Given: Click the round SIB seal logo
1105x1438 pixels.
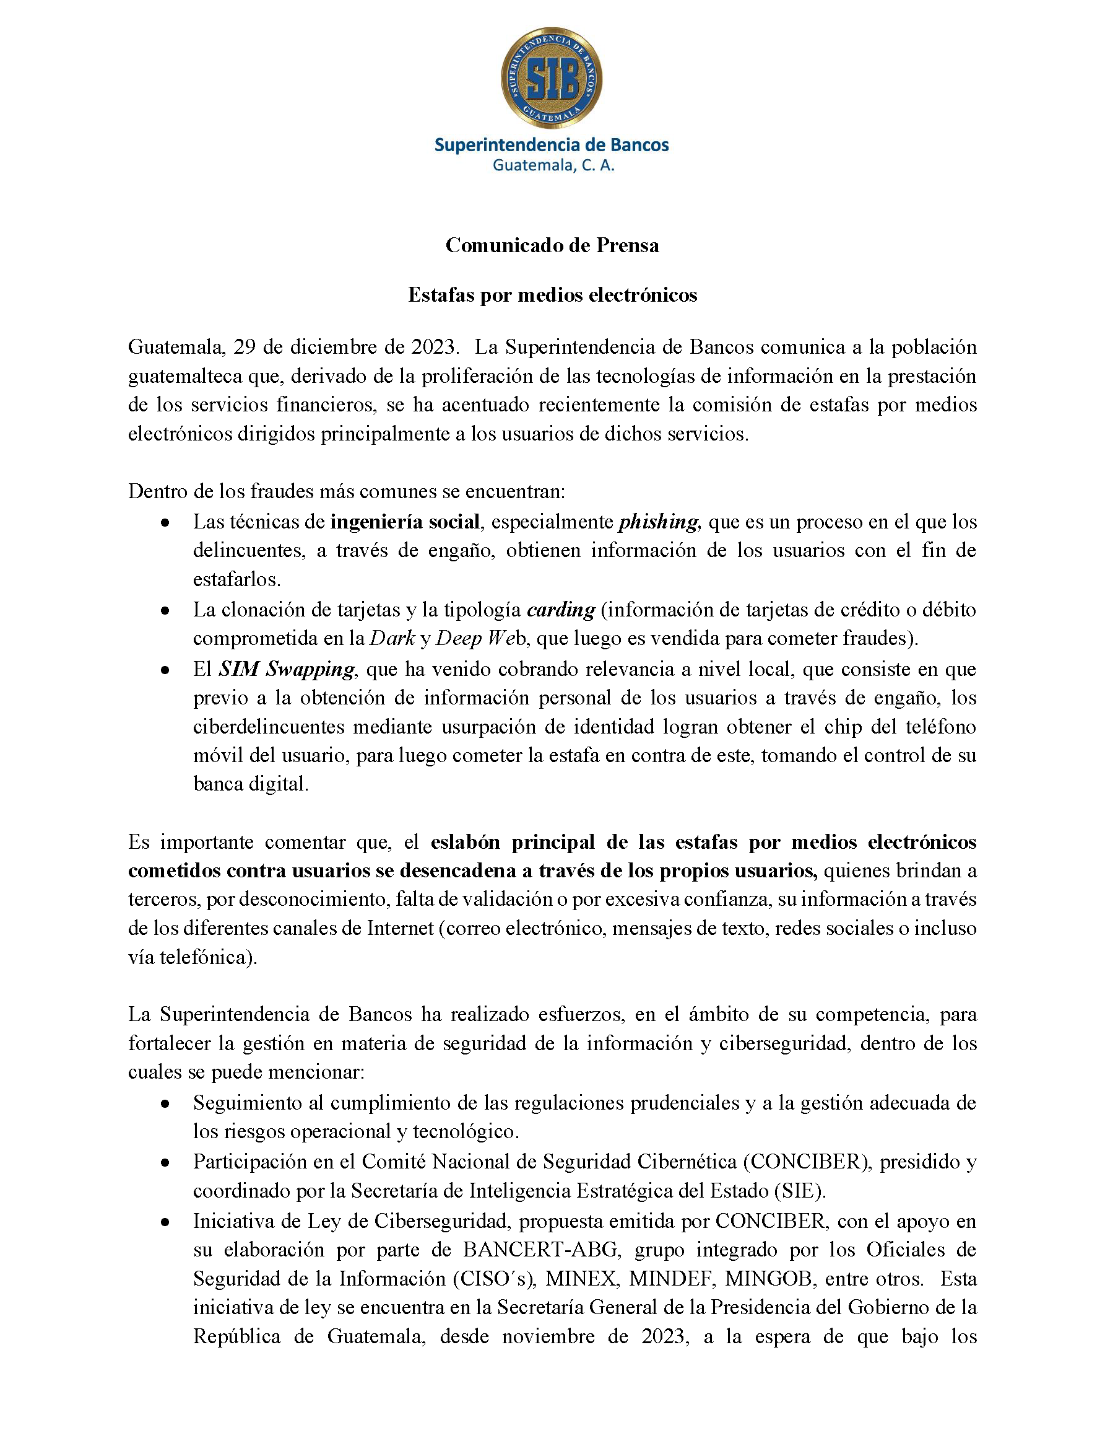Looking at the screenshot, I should pyautogui.click(x=551, y=78).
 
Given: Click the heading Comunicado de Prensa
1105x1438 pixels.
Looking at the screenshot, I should pyautogui.click(x=552, y=245).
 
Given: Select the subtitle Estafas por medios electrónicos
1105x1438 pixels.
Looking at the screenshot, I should pyautogui.click(x=552, y=295).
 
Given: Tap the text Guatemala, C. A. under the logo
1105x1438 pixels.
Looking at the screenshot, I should pyautogui.click(x=553, y=166).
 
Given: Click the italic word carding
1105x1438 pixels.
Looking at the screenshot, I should pyautogui.click(x=561, y=610).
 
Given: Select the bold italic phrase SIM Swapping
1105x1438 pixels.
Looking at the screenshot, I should pyautogui.click(x=287, y=669).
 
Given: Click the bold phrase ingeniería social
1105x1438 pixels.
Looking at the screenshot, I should pyautogui.click(x=404, y=522).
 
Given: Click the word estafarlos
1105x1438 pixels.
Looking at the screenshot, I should pyautogui.click(x=236, y=580).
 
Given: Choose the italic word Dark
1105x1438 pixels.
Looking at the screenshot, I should pyautogui.click(x=392, y=638).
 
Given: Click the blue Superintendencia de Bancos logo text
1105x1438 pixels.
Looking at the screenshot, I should pyautogui.click(x=551, y=145).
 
